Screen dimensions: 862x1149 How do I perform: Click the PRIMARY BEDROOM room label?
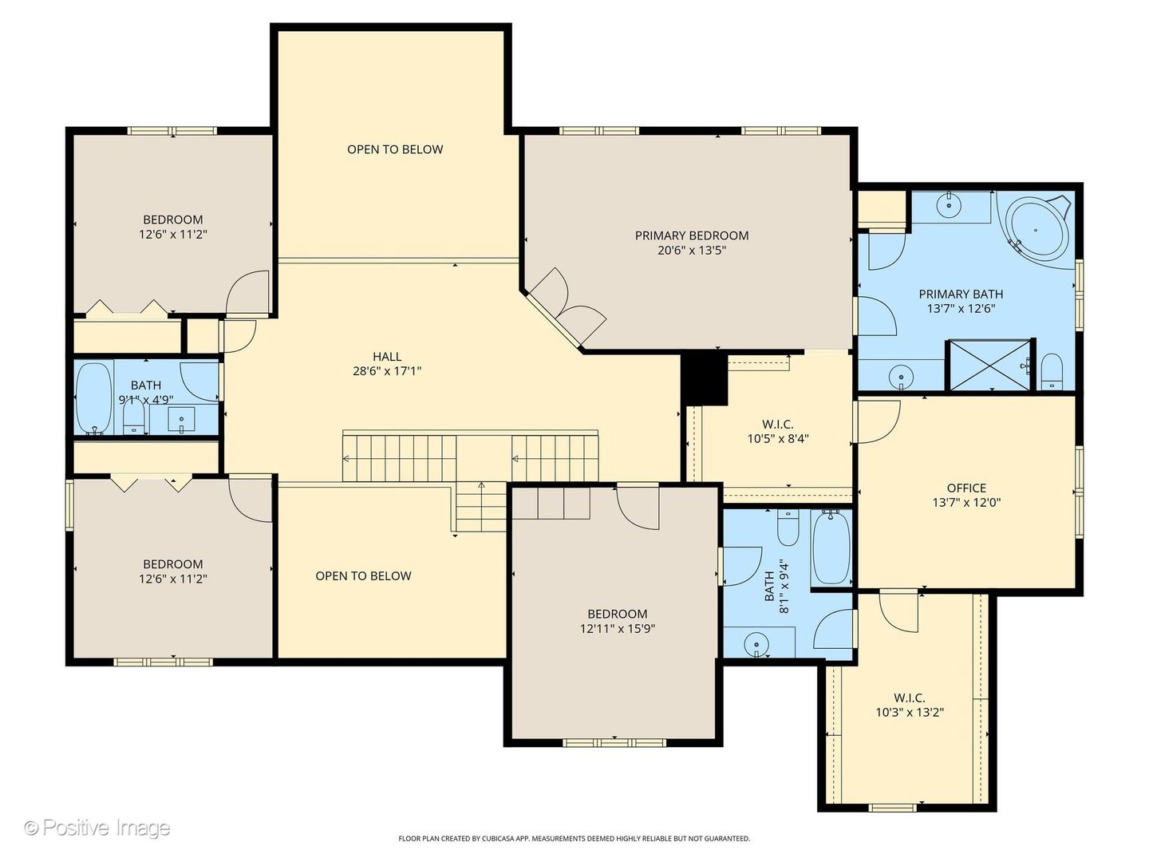(691, 235)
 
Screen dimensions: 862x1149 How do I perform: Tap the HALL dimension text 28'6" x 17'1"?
(387, 371)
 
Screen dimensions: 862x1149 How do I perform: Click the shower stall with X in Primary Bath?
(990, 366)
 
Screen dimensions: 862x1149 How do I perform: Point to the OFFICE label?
(966, 488)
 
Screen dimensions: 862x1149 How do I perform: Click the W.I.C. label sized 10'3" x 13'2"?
(910, 698)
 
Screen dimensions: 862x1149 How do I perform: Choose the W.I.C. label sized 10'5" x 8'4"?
(778, 424)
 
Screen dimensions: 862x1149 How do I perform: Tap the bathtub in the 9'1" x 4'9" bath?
(93, 397)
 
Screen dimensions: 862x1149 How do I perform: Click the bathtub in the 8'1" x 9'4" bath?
(831, 548)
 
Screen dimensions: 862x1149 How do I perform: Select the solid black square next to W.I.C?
(705, 378)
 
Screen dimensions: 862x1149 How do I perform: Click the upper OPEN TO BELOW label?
(395, 149)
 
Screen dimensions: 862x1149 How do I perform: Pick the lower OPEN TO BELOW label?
(363, 575)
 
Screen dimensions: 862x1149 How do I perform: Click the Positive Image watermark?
(97, 828)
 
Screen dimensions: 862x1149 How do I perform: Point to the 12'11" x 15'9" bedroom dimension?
(617, 629)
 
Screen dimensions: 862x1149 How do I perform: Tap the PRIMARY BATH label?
(961, 294)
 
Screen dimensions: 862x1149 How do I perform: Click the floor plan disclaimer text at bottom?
(574, 839)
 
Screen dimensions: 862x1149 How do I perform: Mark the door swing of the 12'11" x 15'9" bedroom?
(638, 507)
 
